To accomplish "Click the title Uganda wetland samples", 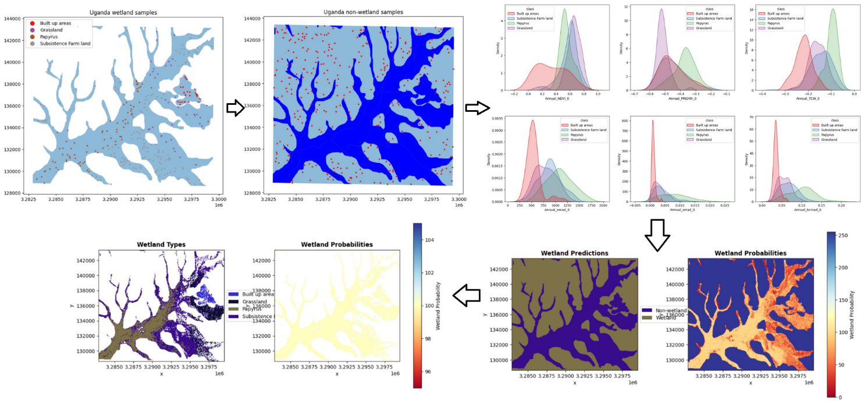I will pyautogui.click(x=123, y=12).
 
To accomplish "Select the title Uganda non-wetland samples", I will pyautogui.click(x=363, y=12).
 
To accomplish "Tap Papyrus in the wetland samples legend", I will pyautogui.click(x=55, y=37).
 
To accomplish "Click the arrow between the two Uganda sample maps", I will pyautogui.click(x=234, y=108).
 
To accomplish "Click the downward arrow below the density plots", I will pyautogui.click(x=657, y=235).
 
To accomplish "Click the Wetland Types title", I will pyautogui.click(x=161, y=245).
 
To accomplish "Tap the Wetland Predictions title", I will pyautogui.click(x=574, y=253).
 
